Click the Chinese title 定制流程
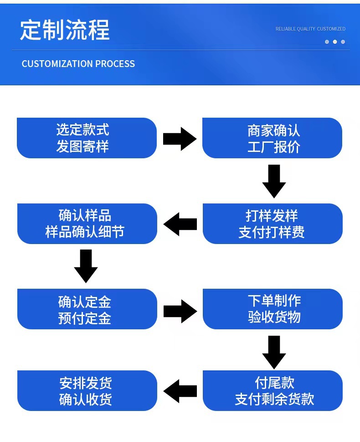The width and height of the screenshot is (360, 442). (65, 31)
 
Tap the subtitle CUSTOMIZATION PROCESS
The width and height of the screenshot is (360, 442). (78, 64)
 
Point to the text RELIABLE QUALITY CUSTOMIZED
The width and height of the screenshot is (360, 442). (310, 29)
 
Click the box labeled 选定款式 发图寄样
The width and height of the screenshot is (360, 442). (87, 138)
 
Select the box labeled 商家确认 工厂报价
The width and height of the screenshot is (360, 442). (272, 138)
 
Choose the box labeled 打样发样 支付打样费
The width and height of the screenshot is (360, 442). (272, 224)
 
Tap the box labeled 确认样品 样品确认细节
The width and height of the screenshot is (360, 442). (87, 224)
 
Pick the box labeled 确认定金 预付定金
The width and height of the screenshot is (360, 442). (87, 309)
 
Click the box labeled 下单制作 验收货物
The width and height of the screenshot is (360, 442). (272, 309)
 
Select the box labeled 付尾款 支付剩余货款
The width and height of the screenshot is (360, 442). (272, 390)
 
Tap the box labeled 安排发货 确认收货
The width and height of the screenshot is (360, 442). (87, 390)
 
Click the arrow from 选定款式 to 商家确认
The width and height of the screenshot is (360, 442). (180, 139)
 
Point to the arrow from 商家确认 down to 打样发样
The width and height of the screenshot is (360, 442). (274, 181)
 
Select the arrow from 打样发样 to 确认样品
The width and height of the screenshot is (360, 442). (180, 224)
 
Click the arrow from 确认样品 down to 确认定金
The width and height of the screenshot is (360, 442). (86, 266)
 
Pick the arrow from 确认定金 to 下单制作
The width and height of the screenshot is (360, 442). (180, 311)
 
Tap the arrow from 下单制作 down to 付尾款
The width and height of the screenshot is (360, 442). (274, 352)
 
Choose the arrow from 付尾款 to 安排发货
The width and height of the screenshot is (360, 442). (180, 391)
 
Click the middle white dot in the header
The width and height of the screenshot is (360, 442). (335, 42)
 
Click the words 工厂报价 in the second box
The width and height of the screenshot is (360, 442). (274, 147)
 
